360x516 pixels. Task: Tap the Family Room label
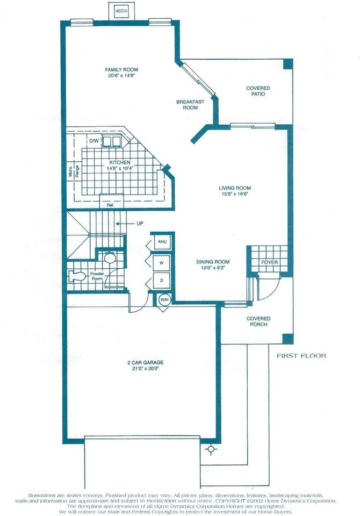[122, 70]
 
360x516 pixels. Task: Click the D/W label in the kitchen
[94, 141]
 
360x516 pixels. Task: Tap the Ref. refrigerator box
[110, 204]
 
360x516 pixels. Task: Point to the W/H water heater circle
[164, 300]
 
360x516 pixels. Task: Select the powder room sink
[110, 259]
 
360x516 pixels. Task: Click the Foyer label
[269, 263]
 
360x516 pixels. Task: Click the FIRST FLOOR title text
[301, 355]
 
